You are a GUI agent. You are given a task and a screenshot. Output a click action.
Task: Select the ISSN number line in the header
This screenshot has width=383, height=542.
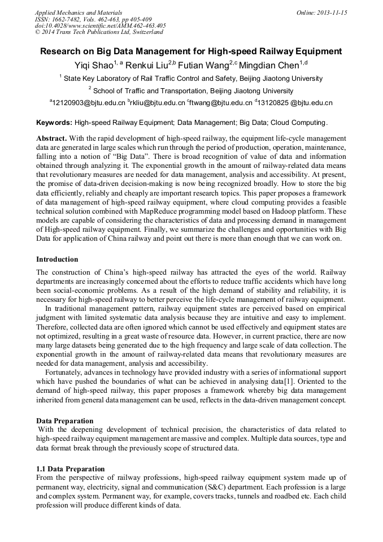[93, 19]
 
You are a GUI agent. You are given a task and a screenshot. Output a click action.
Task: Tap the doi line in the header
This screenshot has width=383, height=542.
[100, 25]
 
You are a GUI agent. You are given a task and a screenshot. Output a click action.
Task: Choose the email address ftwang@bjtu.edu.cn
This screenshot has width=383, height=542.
[220, 103]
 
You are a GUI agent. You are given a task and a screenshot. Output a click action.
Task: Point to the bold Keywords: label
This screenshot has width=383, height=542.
[54, 122]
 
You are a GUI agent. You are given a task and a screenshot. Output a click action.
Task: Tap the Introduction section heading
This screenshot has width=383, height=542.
[57, 259]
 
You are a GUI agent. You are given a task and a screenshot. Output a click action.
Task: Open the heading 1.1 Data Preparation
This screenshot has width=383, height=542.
[71, 469]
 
